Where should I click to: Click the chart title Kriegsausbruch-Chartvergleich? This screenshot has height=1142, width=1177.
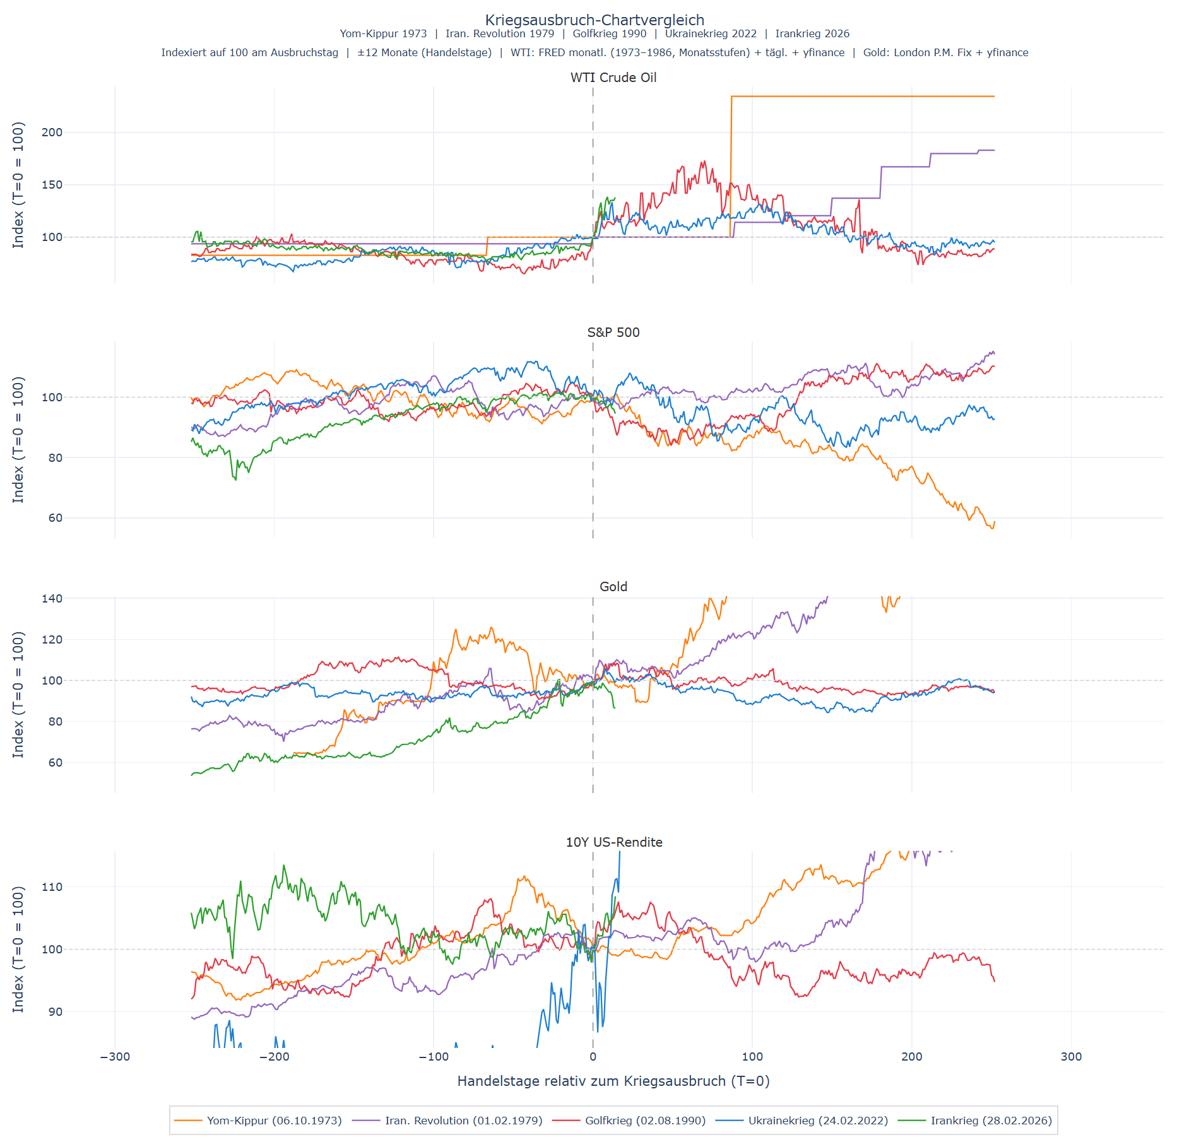coord(594,20)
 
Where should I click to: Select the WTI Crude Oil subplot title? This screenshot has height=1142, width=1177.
coord(613,78)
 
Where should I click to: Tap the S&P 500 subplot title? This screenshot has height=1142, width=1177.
coord(613,333)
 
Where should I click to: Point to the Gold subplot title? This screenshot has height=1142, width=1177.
coord(613,587)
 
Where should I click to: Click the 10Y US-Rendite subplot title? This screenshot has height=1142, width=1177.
coord(614,842)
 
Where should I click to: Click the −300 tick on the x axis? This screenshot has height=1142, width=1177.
coord(115,1057)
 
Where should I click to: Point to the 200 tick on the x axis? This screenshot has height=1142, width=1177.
coord(911,1057)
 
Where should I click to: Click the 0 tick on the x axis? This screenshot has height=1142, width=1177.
coord(593,1057)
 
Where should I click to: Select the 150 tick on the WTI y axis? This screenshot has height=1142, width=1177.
coord(52,185)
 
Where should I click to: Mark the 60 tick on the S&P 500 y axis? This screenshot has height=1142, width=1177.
coord(56,518)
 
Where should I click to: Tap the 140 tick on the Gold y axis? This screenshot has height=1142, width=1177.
coord(52,599)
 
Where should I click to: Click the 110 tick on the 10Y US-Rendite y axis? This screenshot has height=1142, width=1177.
coord(52,887)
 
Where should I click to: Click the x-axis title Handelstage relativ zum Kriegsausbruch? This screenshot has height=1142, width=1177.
coord(613,1081)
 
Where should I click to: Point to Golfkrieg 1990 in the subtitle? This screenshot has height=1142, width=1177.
coord(609,34)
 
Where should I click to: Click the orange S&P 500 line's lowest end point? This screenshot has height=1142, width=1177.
coord(993,527)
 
